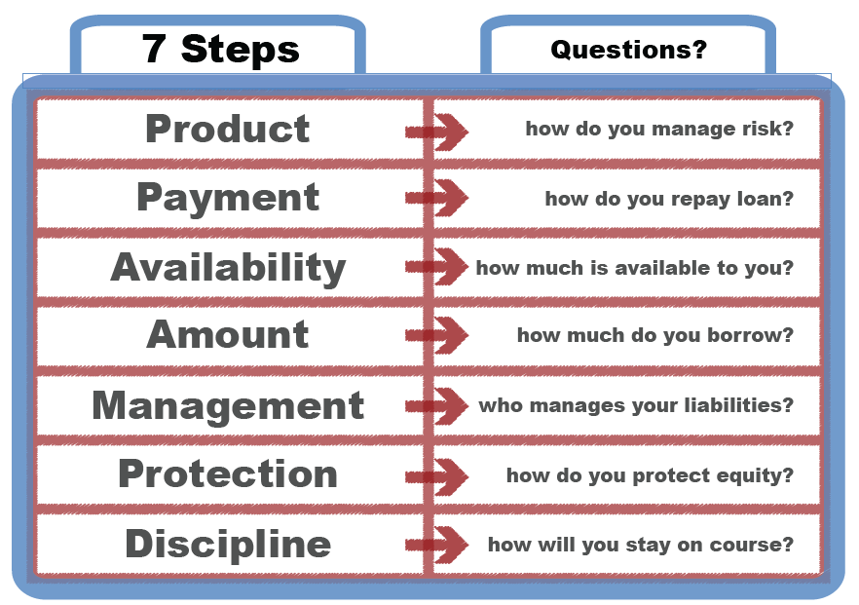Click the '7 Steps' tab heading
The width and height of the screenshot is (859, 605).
(x=221, y=48)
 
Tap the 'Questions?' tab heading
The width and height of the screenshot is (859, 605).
(x=628, y=49)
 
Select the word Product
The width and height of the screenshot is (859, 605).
(x=228, y=129)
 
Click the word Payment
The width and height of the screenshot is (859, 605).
(x=228, y=198)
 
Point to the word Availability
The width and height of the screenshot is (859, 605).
(x=228, y=267)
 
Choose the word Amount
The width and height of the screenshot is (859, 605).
(x=228, y=335)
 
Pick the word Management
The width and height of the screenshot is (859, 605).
(x=228, y=405)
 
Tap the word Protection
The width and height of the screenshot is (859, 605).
(x=228, y=474)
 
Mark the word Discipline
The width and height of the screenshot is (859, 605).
(x=228, y=544)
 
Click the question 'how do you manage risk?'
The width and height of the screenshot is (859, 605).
(x=659, y=129)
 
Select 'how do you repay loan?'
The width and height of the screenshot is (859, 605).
(x=669, y=199)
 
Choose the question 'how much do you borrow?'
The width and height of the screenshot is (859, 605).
(x=655, y=336)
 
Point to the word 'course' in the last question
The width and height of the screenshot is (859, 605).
(x=757, y=545)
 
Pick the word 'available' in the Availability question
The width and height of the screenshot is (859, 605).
(x=671, y=268)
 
